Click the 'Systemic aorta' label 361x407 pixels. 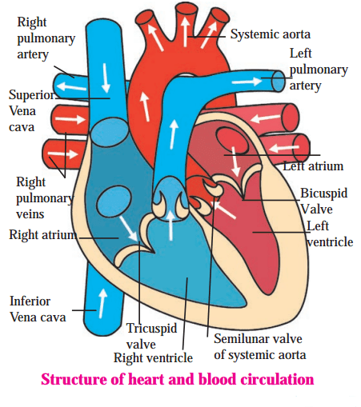click(271, 34)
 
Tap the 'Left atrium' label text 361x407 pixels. click(313, 166)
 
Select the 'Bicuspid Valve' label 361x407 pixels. click(324, 202)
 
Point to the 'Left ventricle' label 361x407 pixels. click(330, 234)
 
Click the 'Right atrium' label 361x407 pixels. click(43, 235)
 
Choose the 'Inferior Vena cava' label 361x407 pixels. click(38, 309)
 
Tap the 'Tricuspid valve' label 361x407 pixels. click(151, 336)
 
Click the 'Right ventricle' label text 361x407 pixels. click(153, 357)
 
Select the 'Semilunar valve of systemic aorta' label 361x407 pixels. click(259, 347)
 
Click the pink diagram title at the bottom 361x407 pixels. click(177, 379)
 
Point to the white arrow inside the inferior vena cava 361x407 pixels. click(102, 303)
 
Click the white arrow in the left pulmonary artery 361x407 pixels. click(247, 82)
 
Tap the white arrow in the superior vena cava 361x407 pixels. click(106, 78)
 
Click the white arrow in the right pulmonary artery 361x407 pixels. click(71, 86)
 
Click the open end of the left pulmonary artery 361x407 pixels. click(279, 82)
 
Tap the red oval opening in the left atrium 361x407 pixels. click(232, 141)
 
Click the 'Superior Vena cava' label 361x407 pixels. click(31, 111)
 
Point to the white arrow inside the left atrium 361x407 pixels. click(235, 162)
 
